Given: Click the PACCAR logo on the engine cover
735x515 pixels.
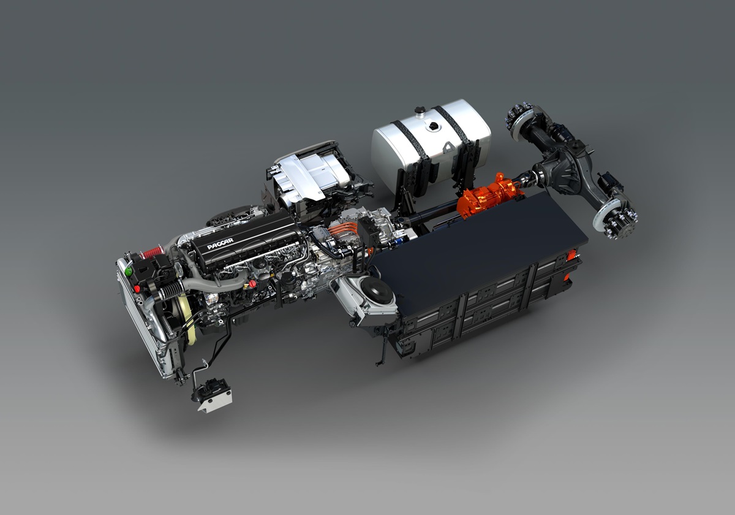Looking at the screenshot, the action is coord(220,244).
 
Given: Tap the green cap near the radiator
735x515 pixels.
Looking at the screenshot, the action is coord(128,271).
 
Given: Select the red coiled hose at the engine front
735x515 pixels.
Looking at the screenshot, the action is coord(152,252).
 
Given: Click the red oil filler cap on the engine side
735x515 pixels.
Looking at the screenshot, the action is coord(252,283).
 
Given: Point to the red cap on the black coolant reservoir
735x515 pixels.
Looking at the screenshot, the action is coord(137,289).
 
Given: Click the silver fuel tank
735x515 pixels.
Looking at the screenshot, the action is coord(431,145).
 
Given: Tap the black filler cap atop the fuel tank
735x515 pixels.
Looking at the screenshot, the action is coord(434,126).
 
